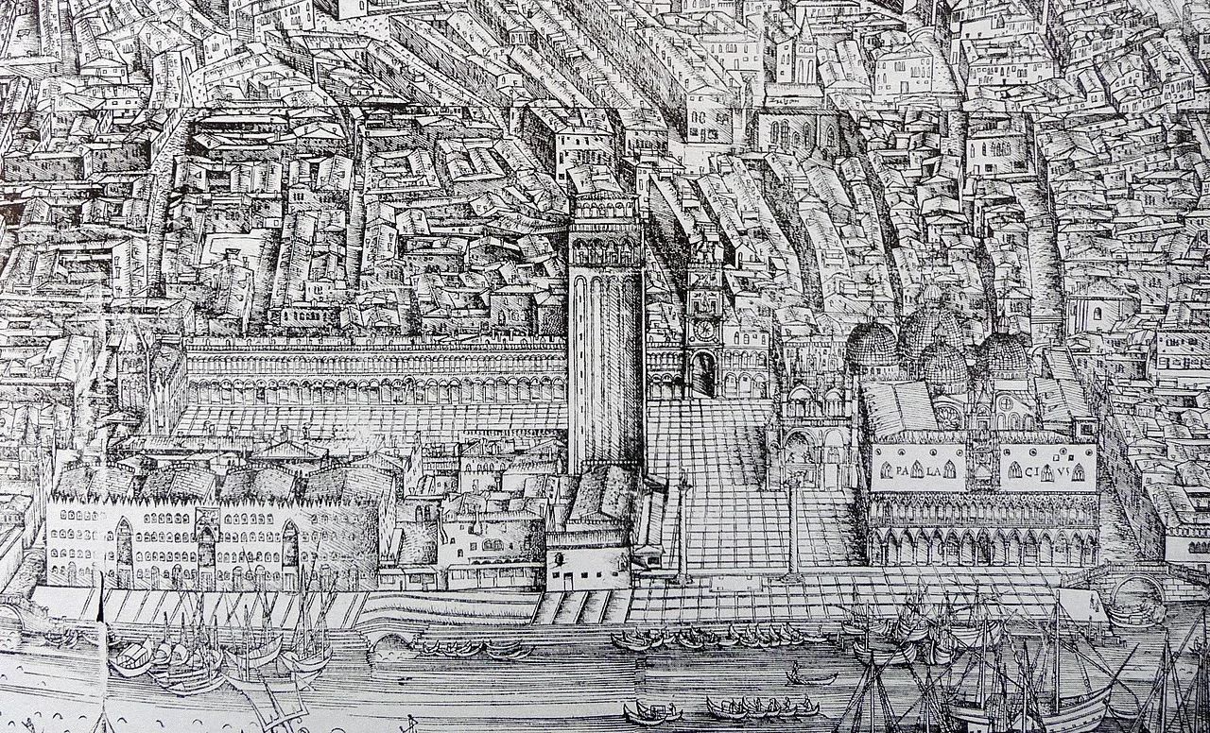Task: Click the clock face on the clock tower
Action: pyautogui.click(x=704, y=330)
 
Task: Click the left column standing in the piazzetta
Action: pyautogui.click(x=683, y=529)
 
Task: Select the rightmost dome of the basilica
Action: pyautogui.click(x=1004, y=354)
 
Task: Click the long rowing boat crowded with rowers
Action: pyautogui.click(x=762, y=707)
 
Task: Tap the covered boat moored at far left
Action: pyautogui.click(x=131, y=656)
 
